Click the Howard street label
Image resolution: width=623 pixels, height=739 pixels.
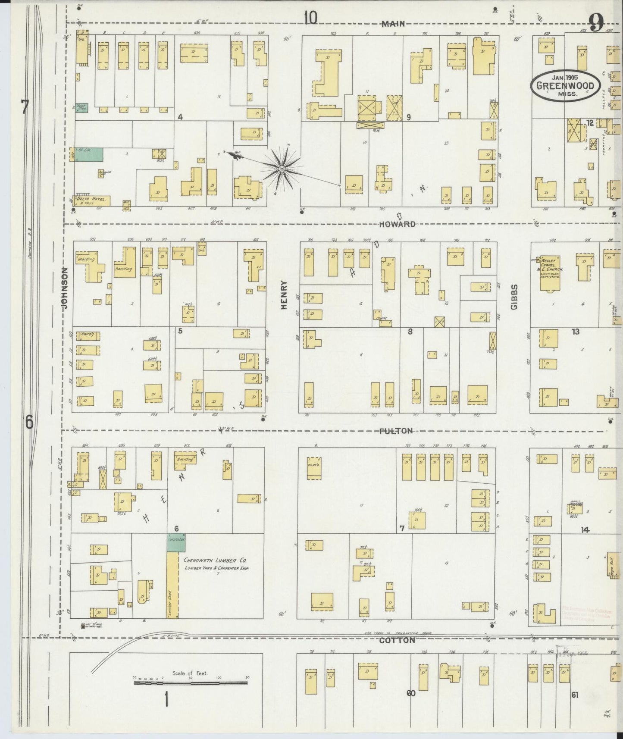[398, 224]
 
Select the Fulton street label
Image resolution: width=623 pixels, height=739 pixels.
[396, 431]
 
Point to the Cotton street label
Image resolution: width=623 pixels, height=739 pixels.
[397, 640]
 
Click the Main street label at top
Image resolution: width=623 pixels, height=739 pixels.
[393, 24]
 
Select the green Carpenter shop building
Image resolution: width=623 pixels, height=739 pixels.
[176, 542]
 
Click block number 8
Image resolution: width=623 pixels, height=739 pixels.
[410, 331]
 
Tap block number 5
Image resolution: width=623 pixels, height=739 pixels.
[180, 331]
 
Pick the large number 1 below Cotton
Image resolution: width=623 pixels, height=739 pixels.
[166, 700]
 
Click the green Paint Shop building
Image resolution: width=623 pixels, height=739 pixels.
[81, 108]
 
